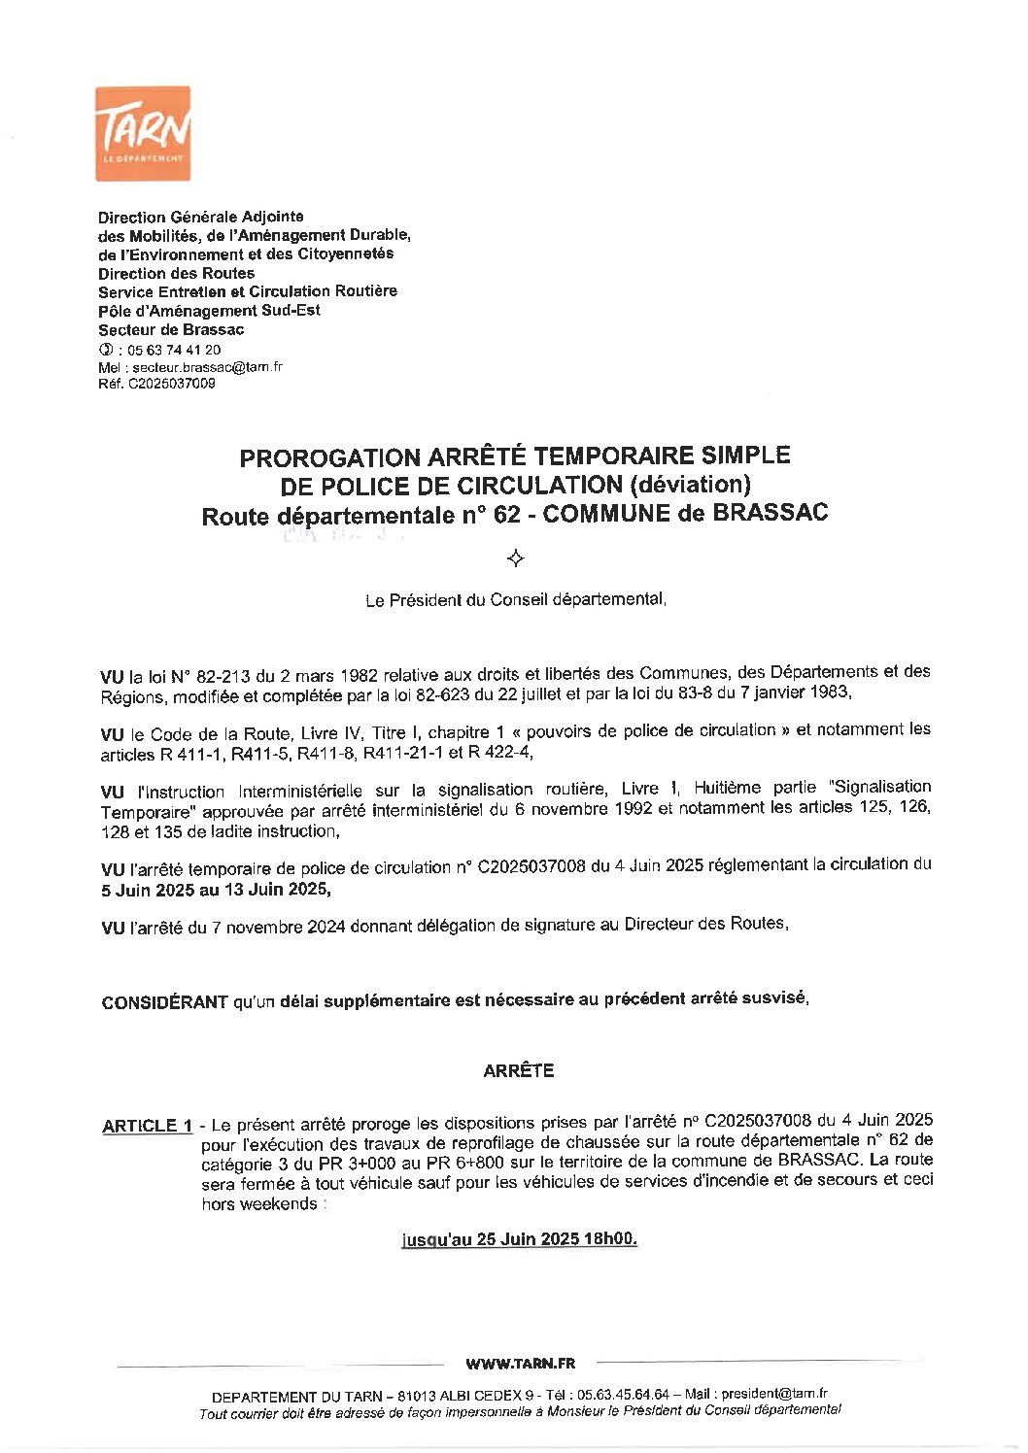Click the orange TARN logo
pos(143,133)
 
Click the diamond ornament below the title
pos(516,558)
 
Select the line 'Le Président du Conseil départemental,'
pos(515,600)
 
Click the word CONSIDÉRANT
pos(164,1002)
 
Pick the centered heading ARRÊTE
pos(518,1070)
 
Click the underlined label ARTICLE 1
pos(147,1126)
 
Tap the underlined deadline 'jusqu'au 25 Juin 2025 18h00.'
pos(519,1239)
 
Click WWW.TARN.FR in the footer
pos(520,1364)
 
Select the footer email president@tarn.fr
pos(774,1394)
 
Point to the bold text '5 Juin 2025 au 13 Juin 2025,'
pos(215,890)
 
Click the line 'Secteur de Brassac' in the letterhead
pos(170,330)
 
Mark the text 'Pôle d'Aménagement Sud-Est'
pos(209,311)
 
